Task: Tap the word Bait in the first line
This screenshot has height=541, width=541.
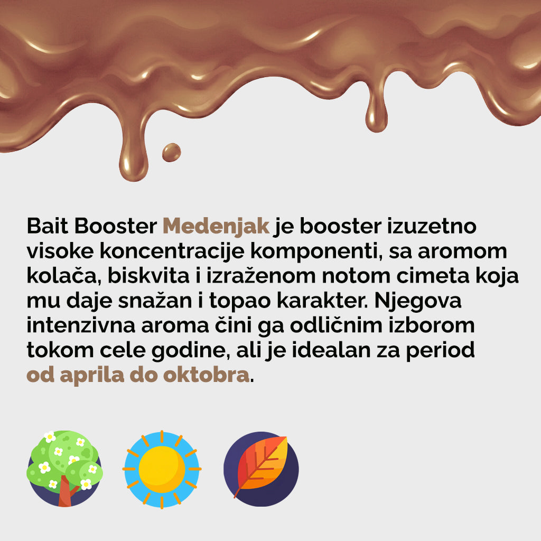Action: [x=48, y=226]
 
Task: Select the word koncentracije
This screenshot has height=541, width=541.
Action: [x=172, y=251]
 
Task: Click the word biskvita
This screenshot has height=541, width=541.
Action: [x=148, y=276]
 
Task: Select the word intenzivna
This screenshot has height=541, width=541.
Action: [x=81, y=325]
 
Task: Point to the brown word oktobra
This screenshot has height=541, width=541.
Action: [x=206, y=375]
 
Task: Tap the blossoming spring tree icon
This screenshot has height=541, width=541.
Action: [x=64, y=469]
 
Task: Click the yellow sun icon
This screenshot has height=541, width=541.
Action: [x=162, y=469]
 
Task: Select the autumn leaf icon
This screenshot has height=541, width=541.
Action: [x=261, y=469]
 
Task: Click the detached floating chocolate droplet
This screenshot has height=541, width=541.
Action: [x=172, y=153]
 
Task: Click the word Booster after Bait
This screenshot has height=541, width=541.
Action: [x=116, y=226]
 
